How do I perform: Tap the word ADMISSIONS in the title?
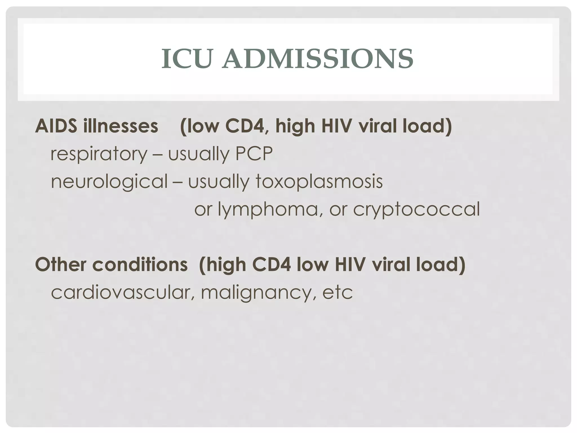318,59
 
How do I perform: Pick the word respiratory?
99,154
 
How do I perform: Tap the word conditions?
140,265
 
